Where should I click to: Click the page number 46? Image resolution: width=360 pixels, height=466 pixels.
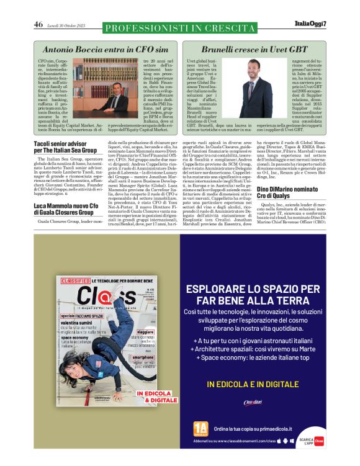(x=38, y=25)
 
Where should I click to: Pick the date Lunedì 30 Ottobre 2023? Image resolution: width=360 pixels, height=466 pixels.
(x=68, y=25)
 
